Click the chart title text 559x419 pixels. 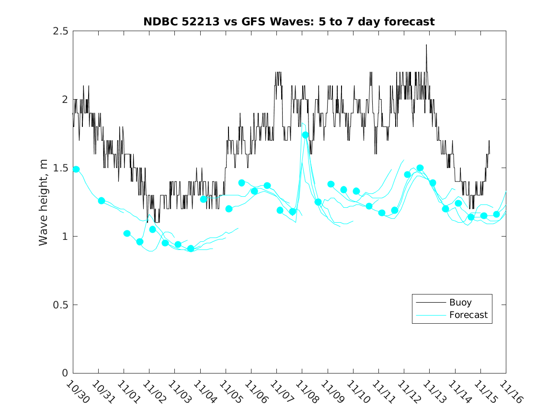(x=289, y=22)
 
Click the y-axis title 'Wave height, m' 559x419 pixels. (x=44, y=202)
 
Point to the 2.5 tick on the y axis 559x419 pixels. (x=63, y=31)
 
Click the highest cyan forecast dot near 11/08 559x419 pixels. (x=305, y=135)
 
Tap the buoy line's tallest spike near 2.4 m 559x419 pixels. (x=426, y=45)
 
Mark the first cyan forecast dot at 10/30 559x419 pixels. (x=76, y=169)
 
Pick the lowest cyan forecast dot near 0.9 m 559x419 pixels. (x=191, y=249)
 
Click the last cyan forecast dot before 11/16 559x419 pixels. (x=496, y=214)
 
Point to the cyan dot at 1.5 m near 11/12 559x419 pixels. (x=420, y=168)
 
